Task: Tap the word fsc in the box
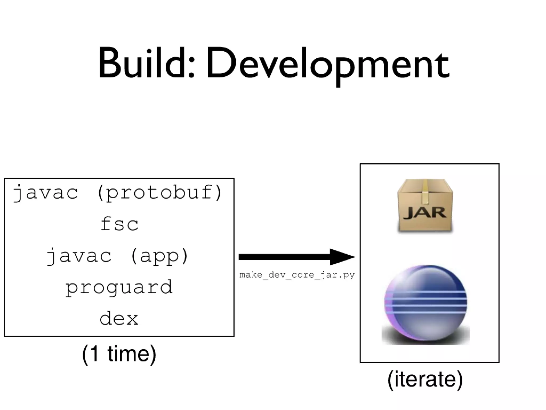(x=119, y=224)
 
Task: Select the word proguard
(x=119, y=288)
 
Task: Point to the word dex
(x=119, y=318)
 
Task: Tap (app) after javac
(x=159, y=256)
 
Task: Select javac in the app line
(x=79, y=256)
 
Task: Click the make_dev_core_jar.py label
(x=297, y=275)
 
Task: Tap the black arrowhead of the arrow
(x=341, y=257)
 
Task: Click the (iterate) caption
(x=425, y=379)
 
